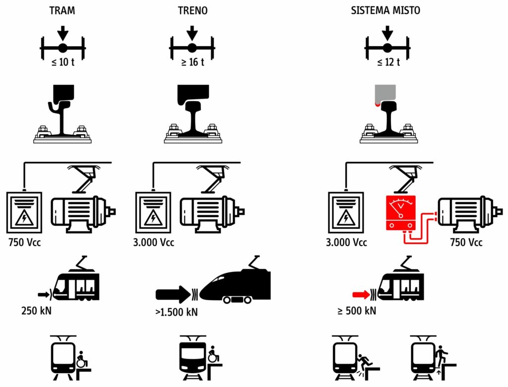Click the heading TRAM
click(62, 10)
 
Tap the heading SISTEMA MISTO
click(385, 10)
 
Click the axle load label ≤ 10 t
click(63, 63)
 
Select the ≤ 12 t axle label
click(387, 63)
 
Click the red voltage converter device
click(402, 214)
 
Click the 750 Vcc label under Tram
click(25, 243)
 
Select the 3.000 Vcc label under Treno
click(154, 243)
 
